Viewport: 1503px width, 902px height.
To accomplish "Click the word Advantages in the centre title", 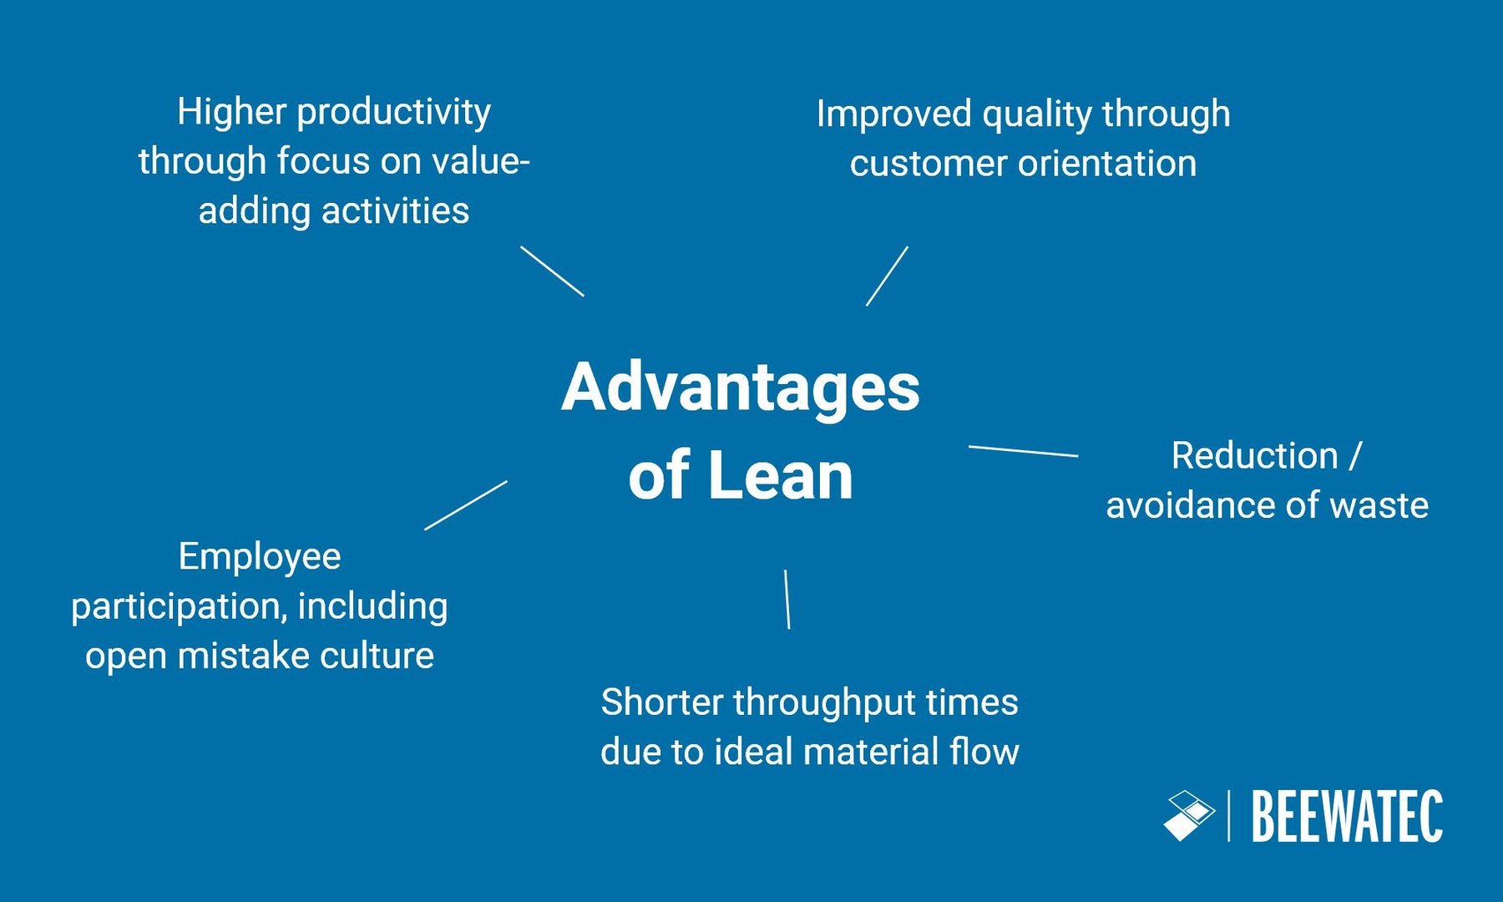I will click(x=741, y=388).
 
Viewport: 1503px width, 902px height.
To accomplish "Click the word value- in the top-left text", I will click(x=481, y=161).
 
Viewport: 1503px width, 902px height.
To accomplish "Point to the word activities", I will click(x=395, y=210).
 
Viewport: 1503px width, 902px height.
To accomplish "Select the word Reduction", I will click(x=1254, y=456).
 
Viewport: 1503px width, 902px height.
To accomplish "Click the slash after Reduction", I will click(x=1355, y=456).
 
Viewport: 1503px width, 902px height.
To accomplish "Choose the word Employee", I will click(x=260, y=557).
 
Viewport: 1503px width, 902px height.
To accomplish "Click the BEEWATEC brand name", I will click(x=1347, y=817).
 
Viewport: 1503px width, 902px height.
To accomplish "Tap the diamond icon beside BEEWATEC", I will click(x=1189, y=815).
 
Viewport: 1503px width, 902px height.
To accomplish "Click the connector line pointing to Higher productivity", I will click(x=552, y=271).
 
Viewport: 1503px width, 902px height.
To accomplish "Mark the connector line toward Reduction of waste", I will click(x=1023, y=451).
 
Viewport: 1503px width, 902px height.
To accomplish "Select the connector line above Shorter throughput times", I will click(x=787, y=599).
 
